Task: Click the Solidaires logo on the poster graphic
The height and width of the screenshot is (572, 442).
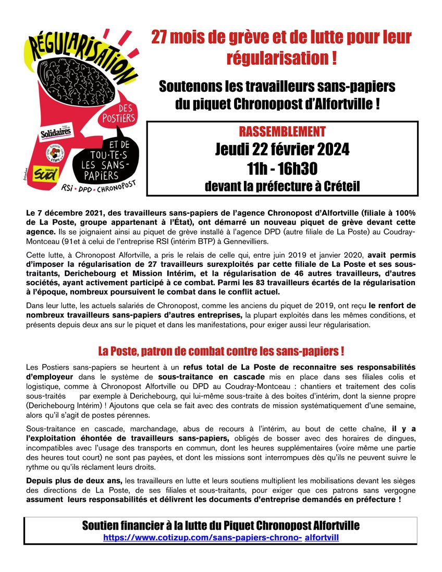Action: [56, 134]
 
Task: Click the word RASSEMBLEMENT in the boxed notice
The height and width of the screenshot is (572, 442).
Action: [281, 131]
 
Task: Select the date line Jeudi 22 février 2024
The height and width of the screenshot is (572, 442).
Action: [282, 150]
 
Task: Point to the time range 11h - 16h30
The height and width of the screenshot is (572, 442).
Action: [282, 168]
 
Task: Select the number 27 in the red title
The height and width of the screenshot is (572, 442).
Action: [159, 38]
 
